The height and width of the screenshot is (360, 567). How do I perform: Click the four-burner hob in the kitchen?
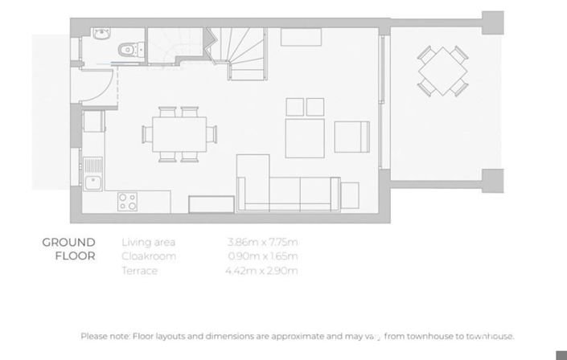(x=127, y=201)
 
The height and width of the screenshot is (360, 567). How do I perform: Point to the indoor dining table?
(x=179, y=133)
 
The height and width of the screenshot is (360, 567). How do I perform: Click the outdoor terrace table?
(x=442, y=70)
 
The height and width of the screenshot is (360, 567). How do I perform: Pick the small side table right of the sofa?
(x=350, y=194)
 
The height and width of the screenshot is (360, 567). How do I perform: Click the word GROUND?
(x=68, y=242)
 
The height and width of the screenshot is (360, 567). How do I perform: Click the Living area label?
(x=148, y=242)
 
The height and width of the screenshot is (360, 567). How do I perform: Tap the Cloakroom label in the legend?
(x=148, y=256)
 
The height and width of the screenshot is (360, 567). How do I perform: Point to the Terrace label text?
(x=139, y=271)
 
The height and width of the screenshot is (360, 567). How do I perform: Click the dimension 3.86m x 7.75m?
(x=263, y=242)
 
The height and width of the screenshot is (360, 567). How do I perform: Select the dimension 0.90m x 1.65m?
(x=263, y=256)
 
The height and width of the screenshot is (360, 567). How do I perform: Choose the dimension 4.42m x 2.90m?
(x=263, y=271)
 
